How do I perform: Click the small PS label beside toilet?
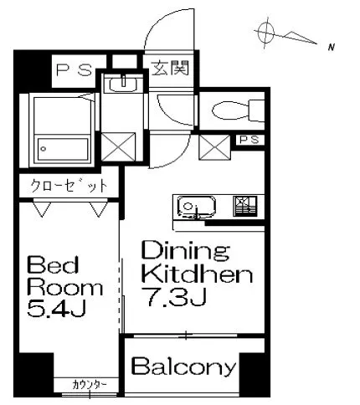pos(248,140)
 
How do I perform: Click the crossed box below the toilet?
pos(214,149)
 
